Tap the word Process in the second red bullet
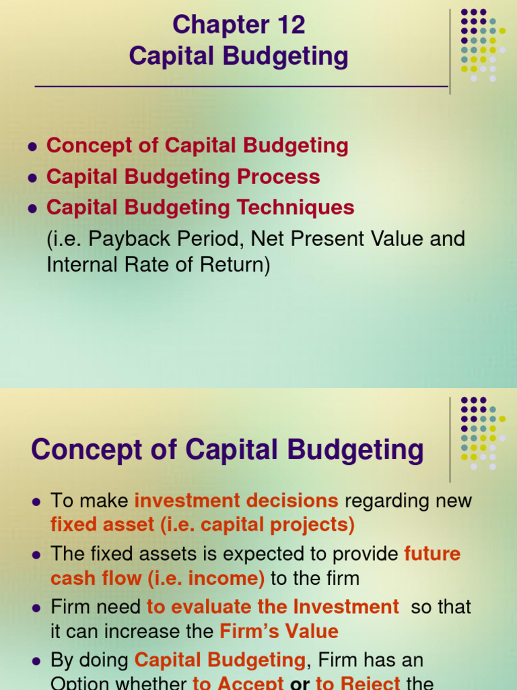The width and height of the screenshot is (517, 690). pos(282,177)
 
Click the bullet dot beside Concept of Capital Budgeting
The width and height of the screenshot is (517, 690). pos(31,147)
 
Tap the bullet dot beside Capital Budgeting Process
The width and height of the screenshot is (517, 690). pos(31,178)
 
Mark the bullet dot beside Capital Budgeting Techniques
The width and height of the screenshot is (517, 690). pos(31,209)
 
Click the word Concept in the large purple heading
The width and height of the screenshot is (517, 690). pos(87,450)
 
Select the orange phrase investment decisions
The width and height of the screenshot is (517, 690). pos(236,501)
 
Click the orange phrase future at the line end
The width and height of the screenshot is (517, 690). pos(432,554)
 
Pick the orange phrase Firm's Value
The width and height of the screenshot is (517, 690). pos(279,631)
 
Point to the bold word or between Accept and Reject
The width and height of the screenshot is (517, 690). pos(300,683)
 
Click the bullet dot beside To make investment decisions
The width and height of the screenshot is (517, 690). pos(36,502)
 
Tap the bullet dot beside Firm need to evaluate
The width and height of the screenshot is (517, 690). pos(36,608)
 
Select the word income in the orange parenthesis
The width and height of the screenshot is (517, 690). pos(228,578)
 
